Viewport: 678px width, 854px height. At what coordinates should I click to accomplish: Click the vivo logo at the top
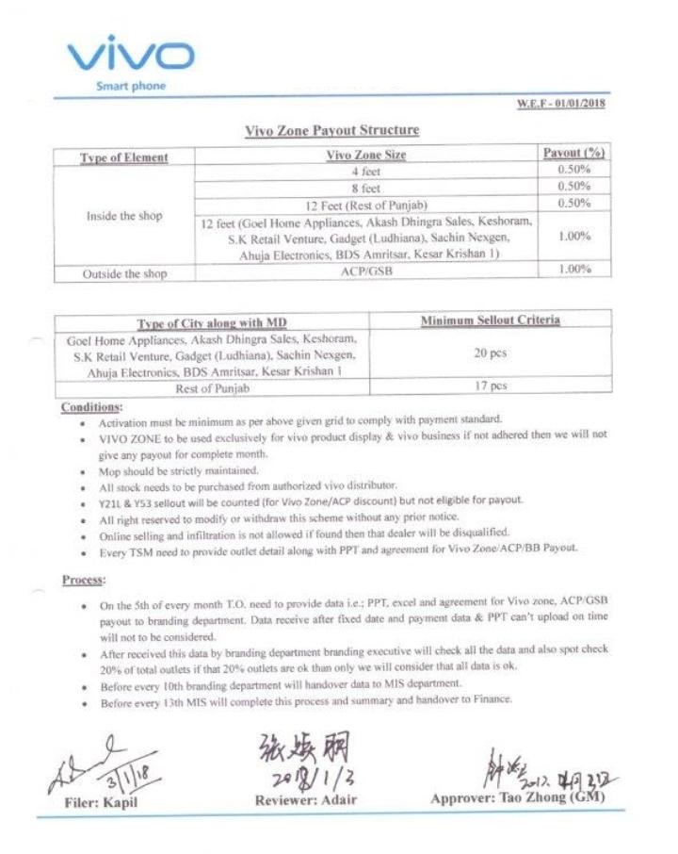click(130, 56)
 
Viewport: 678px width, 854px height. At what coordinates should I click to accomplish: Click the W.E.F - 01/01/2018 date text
click(561, 104)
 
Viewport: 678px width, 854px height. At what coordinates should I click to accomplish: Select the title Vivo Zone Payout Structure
click(331, 130)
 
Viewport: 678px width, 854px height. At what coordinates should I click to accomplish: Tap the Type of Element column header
click(124, 157)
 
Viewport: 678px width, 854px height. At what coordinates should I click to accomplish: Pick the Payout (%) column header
click(573, 153)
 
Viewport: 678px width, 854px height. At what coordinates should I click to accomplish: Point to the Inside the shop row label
click(124, 216)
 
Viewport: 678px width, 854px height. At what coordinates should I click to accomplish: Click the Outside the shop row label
click(125, 274)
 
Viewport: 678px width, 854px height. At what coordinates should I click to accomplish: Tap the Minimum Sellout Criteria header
click(490, 320)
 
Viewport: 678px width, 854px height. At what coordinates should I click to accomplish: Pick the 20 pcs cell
click(490, 353)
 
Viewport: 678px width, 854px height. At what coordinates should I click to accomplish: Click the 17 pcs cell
click(490, 385)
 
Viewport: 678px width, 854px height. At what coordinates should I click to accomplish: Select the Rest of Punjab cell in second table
click(213, 388)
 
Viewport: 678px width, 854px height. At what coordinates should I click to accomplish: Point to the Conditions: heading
click(91, 406)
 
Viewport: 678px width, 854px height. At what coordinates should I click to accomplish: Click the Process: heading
click(84, 579)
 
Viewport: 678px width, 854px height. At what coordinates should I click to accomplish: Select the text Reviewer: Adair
click(308, 799)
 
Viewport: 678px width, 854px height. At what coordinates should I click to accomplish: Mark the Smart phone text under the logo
click(131, 87)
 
